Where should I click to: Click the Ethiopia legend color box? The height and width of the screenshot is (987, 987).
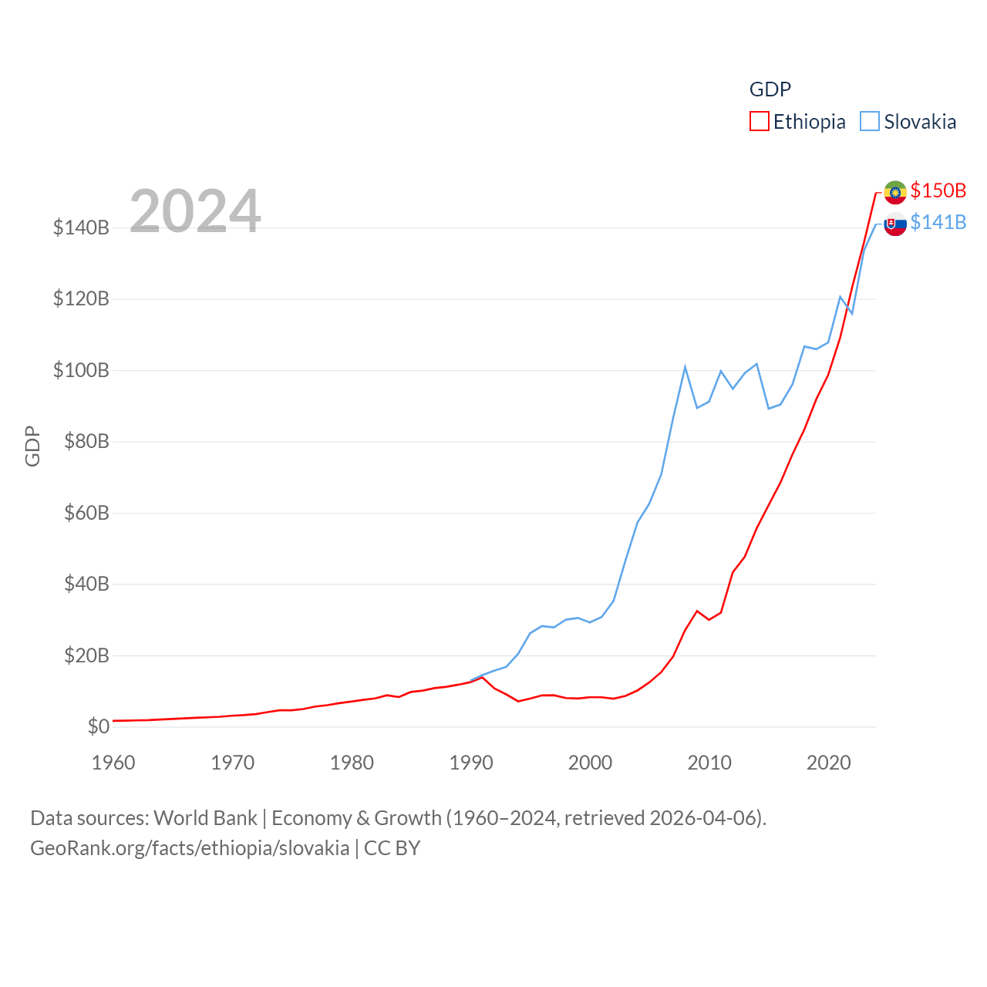click(x=760, y=122)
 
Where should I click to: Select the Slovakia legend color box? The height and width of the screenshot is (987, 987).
click(x=870, y=122)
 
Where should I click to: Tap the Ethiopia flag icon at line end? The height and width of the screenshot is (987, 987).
click(x=895, y=191)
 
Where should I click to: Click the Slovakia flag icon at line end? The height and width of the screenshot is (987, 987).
click(x=895, y=224)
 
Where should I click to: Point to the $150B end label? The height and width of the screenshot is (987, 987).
click(x=938, y=190)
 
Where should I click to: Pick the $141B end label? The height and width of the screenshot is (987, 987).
click(x=938, y=222)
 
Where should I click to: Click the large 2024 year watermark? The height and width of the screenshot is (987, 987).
click(x=195, y=211)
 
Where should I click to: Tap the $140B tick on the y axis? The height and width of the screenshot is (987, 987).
click(x=81, y=227)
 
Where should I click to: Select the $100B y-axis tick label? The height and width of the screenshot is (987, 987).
click(x=81, y=370)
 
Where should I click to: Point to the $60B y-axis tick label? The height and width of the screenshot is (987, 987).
click(x=86, y=513)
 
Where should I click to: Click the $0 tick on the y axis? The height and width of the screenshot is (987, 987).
click(x=99, y=726)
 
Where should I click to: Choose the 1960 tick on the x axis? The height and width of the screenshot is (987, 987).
click(x=113, y=763)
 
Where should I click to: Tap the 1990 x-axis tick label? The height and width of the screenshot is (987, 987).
click(x=471, y=763)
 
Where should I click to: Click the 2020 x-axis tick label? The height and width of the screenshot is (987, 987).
click(x=828, y=763)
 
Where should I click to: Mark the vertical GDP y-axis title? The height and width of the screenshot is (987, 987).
click(x=32, y=446)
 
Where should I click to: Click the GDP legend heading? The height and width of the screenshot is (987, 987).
click(x=770, y=89)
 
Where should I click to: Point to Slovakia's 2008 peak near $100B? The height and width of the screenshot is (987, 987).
click(x=685, y=367)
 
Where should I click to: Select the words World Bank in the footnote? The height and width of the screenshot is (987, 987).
click(x=205, y=817)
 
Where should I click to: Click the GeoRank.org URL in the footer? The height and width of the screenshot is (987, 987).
click(x=190, y=848)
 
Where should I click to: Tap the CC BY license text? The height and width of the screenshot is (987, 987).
click(x=392, y=848)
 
